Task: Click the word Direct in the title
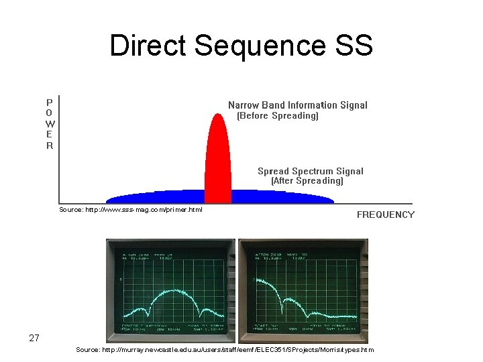(148, 46)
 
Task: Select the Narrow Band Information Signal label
(298, 105)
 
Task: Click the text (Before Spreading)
(278, 116)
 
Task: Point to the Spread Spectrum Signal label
(311, 171)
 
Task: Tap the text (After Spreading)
(307, 181)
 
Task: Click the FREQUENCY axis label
(385, 215)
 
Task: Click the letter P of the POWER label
(50, 103)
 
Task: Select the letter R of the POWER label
(50, 145)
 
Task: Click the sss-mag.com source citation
(131, 210)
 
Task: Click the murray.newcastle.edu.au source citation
(225, 350)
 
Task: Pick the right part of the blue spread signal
(282, 196)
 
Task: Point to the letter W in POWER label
(50, 124)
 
